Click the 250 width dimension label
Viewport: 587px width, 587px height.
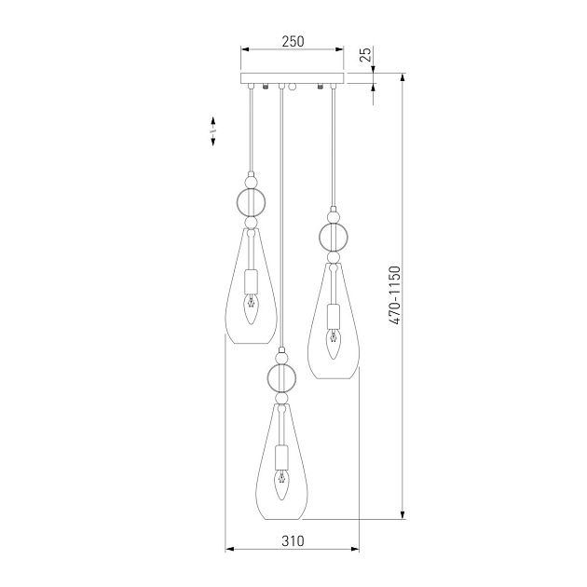click(293, 41)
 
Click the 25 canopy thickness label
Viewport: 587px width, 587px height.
click(366, 54)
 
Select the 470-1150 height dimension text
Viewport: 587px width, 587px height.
click(394, 295)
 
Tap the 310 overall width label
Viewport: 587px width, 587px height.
click(293, 540)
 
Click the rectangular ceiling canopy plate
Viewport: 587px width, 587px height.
click(292, 78)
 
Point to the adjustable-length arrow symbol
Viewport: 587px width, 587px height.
click(213, 131)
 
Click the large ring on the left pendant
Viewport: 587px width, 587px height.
click(251, 202)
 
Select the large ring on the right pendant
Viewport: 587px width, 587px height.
click(334, 237)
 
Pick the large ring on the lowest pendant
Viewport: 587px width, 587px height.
click(282, 377)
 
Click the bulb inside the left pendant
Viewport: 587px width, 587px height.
click(251, 309)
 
